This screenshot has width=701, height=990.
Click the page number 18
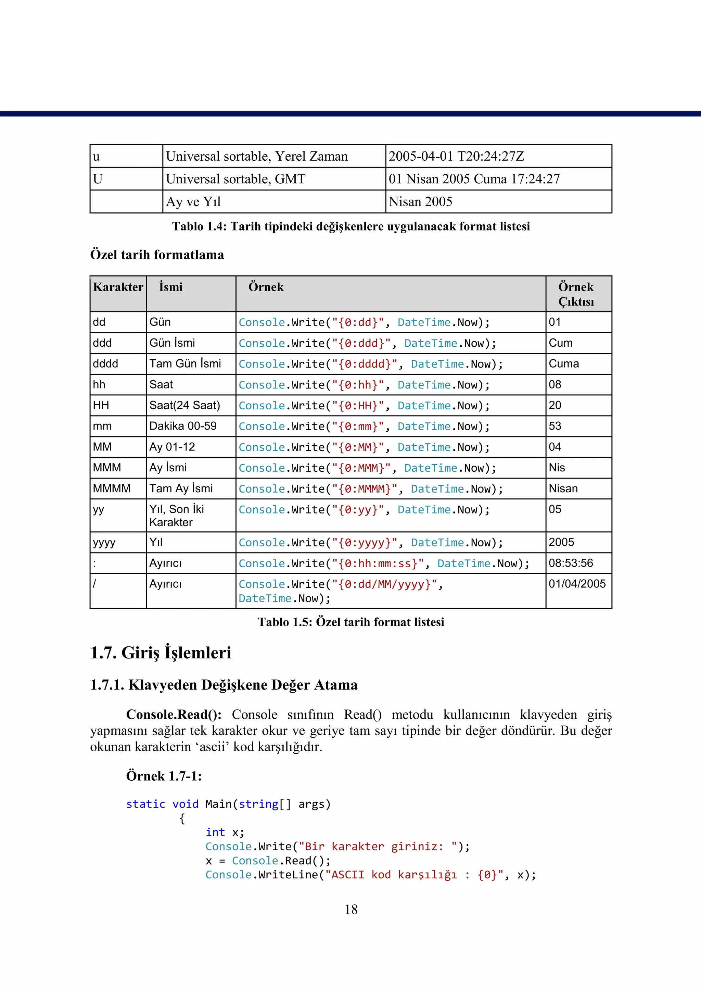point(351,909)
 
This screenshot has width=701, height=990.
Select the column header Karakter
point(118,287)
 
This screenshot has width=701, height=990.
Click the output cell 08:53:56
point(571,563)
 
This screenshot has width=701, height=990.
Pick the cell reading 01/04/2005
point(577,584)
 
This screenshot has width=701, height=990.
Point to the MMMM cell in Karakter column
point(112,488)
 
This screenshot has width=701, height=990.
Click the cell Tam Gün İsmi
point(185,364)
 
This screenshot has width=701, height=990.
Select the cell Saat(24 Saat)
point(185,405)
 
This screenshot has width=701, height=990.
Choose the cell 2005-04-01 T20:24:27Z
point(456,156)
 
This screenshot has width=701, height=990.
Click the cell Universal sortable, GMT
point(236,179)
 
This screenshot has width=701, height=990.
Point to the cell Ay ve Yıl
point(193,202)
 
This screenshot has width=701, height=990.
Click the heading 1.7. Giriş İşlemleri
point(161,653)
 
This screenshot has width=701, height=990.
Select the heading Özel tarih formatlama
point(157,255)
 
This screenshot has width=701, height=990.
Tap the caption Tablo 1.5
point(350,622)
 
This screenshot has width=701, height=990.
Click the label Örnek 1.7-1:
point(164,776)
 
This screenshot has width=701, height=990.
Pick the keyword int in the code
point(215,832)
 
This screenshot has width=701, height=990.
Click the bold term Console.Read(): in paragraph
point(174,715)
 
